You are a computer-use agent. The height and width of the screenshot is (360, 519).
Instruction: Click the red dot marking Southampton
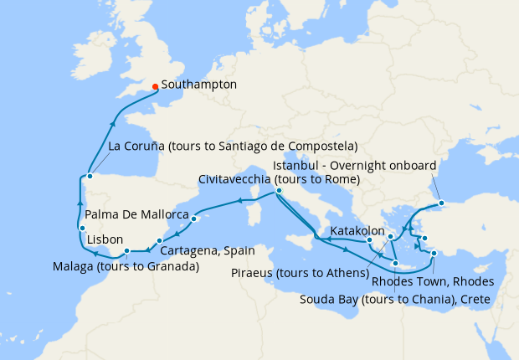pyautogui.click(x=156, y=85)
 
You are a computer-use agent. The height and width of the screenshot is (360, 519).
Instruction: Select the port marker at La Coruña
pyautogui.click(x=90, y=176)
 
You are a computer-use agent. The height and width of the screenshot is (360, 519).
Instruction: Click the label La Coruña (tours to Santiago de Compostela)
pyautogui.click(x=234, y=147)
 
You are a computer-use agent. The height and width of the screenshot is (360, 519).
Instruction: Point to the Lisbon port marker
pyautogui.click(x=82, y=229)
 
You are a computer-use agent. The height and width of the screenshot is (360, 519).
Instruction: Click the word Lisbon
pyautogui.click(x=105, y=239)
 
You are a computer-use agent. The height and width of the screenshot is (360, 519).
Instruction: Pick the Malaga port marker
pyautogui.click(x=126, y=250)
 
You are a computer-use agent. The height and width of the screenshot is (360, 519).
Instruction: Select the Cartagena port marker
pyautogui.click(x=160, y=241)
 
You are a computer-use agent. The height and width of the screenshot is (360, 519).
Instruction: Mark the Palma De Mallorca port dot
pyautogui.click(x=193, y=219)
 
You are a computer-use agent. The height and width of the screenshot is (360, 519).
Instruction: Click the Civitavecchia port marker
pyautogui.click(x=278, y=193)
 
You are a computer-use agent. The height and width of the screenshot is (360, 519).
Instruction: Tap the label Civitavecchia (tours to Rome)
pyautogui.click(x=279, y=179)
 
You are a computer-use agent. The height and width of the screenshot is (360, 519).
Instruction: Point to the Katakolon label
pyautogui.click(x=357, y=229)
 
